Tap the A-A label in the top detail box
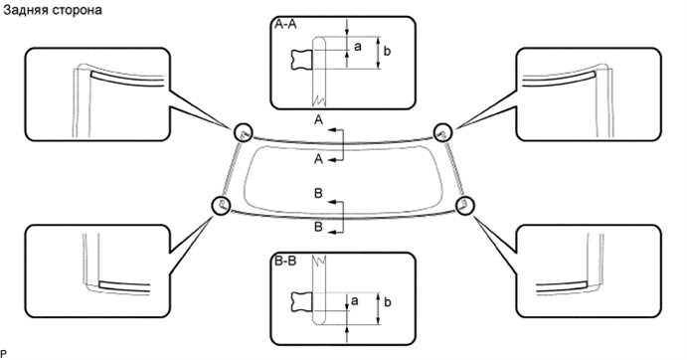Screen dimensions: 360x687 click(x=284, y=30)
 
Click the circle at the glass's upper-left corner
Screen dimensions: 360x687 click(x=242, y=131)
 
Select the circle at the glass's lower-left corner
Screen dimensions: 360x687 click(x=221, y=205)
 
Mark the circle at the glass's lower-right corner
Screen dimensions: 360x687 click(x=463, y=204)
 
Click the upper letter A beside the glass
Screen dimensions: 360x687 click(x=318, y=118)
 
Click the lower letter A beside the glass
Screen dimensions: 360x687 click(x=318, y=159)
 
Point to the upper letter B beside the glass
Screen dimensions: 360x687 click(x=318, y=193)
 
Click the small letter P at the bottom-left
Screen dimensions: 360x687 click(x=4, y=354)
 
